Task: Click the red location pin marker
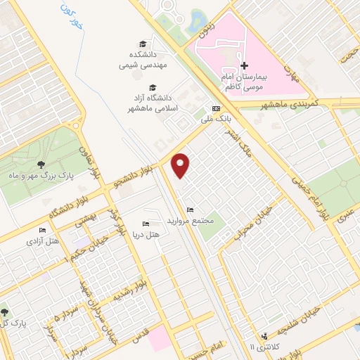pyautogui.click(x=181, y=164)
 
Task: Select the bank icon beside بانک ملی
pyautogui.click(x=216, y=109)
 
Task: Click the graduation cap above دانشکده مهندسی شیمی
pyautogui.click(x=143, y=44)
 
